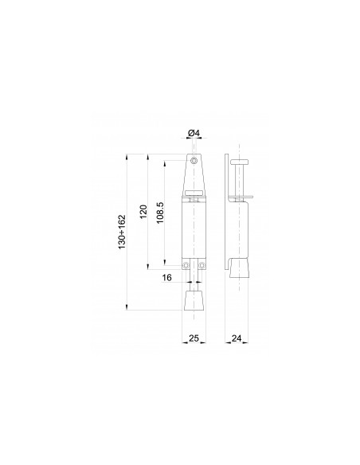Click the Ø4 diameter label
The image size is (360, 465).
coord(194,133)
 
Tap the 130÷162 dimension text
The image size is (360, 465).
coord(122,232)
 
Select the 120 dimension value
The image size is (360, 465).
coord(143,212)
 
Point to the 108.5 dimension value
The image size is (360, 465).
coord(160,213)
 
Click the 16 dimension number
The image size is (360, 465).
coord(167,278)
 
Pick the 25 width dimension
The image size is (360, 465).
coord(194,338)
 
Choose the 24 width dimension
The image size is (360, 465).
coord(237,338)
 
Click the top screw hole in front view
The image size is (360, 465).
coord(194,161)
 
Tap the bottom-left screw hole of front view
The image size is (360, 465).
coord(186,265)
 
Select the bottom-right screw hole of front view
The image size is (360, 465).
coord(202,265)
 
